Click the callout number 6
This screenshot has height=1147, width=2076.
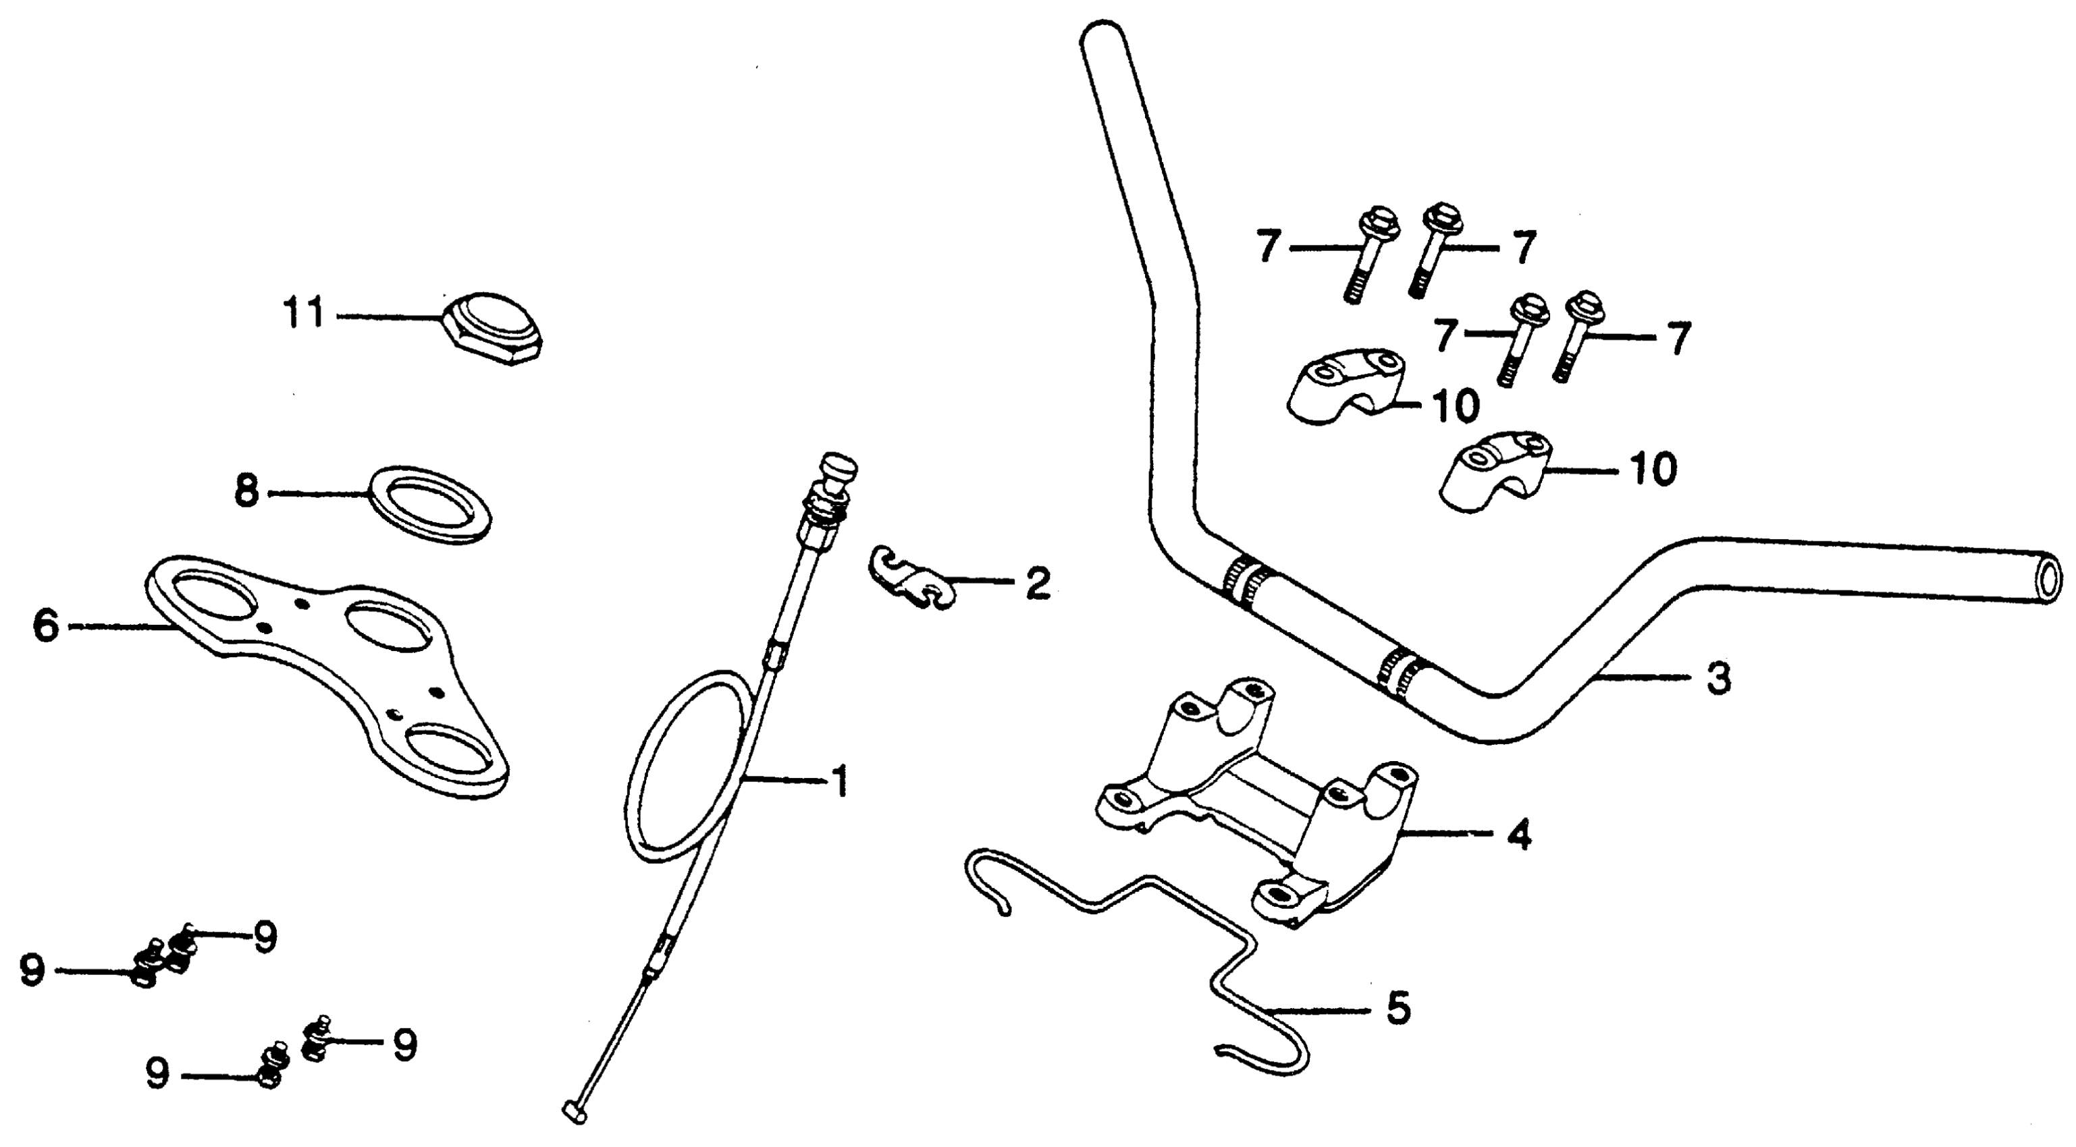46,626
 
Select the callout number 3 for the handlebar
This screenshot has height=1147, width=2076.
1718,679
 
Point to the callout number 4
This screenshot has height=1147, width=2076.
1518,835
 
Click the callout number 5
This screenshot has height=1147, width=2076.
1398,1007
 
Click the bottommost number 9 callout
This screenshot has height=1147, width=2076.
158,1073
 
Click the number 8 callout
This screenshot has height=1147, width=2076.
246,492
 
